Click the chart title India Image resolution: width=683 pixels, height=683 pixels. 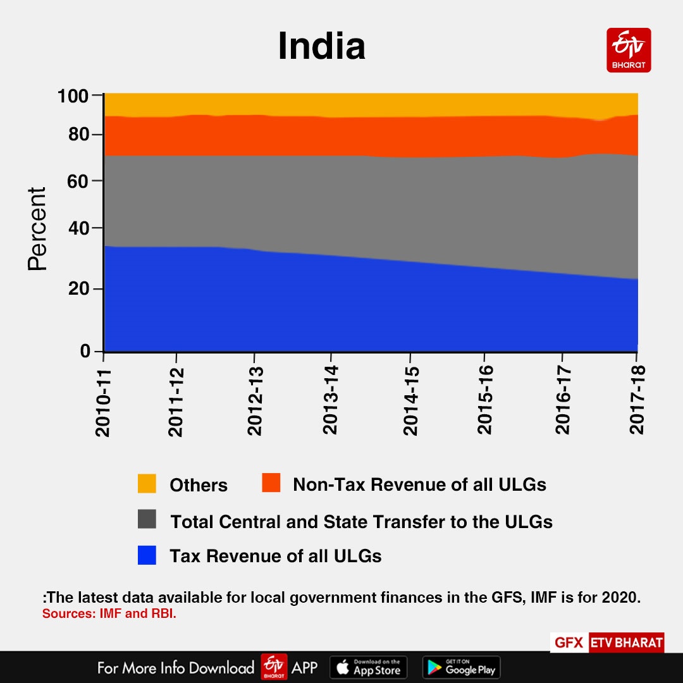(x=321, y=47)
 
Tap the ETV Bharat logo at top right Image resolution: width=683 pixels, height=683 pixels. (x=629, y=50)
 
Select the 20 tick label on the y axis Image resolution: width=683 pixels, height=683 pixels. (x=79, y=289)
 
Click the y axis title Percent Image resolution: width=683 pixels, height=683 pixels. (x=37, y=229)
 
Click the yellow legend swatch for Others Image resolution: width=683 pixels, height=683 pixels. (x=147, y=484)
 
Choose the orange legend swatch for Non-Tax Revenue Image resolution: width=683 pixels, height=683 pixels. (x=271, y=484)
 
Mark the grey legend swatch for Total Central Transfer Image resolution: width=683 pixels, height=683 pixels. (x=147, y=520)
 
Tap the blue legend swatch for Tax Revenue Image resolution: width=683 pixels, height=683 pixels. (x=147, y=555)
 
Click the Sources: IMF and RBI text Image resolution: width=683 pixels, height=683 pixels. (x=109, y=613)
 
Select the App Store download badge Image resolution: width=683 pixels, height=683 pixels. (x=369, y=667)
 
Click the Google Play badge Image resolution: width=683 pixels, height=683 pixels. (x=461, y=667)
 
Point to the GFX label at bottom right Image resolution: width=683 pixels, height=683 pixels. (x=569, y=643)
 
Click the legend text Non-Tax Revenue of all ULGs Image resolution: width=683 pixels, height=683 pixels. (x=419, y=485)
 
